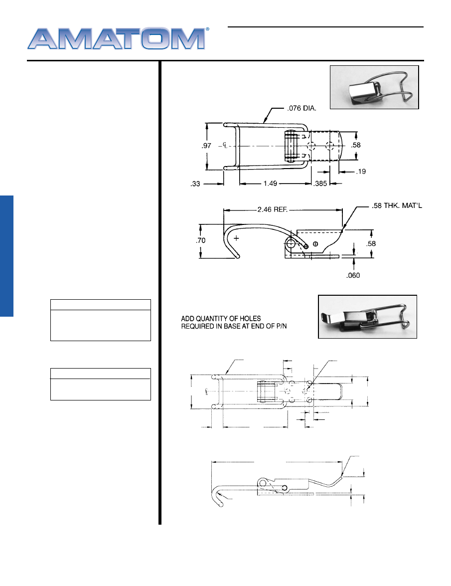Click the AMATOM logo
117,38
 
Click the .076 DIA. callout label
301,108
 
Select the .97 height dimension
206,146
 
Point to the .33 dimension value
195,184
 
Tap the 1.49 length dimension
270,184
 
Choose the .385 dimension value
320,184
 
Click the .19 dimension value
361,172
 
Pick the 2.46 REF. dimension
273,209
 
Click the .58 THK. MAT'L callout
397,205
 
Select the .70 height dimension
200,241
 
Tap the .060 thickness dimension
353,275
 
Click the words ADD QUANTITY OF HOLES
221,318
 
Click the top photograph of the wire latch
374,87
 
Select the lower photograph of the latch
367,317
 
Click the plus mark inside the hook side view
236,238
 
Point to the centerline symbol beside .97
225,145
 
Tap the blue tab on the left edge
6,256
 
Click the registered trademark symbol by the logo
208,29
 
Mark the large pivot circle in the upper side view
291,244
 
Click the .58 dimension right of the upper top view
356,145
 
